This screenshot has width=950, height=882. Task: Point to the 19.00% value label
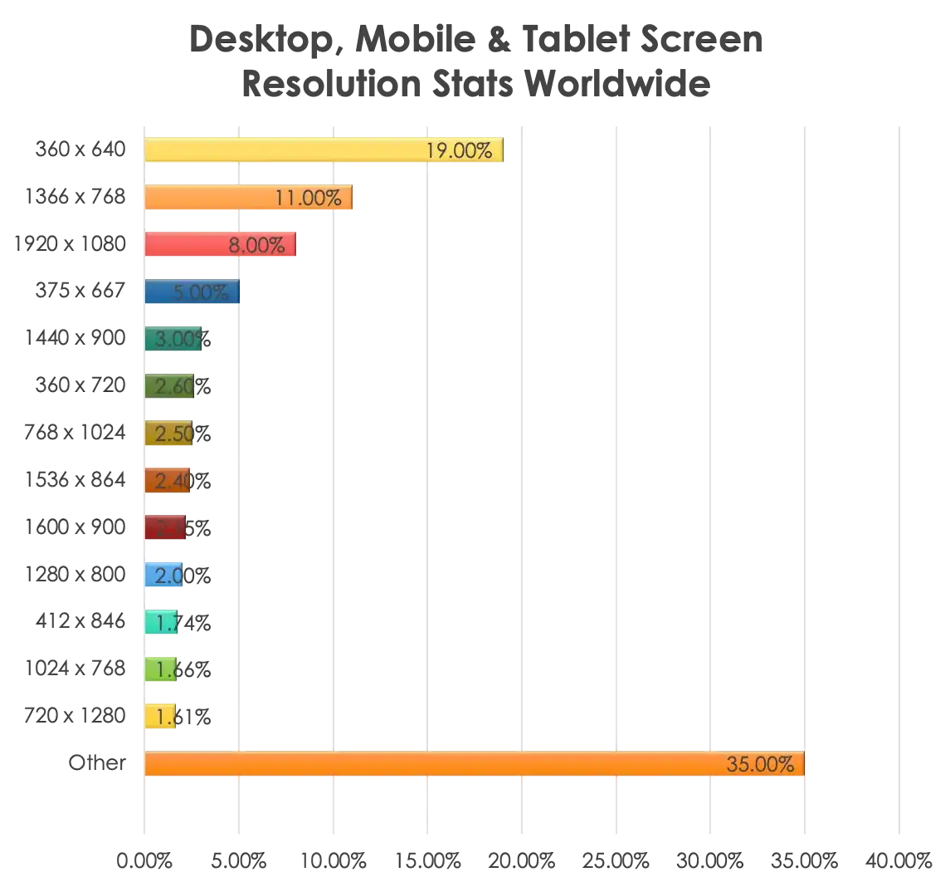point(459,150)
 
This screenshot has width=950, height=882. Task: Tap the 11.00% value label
point(308,198)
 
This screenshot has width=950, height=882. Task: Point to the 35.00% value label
point(760,764)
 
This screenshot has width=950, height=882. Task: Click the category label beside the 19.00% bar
point(80,150)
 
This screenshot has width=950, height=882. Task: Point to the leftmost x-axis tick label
point(142,859)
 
